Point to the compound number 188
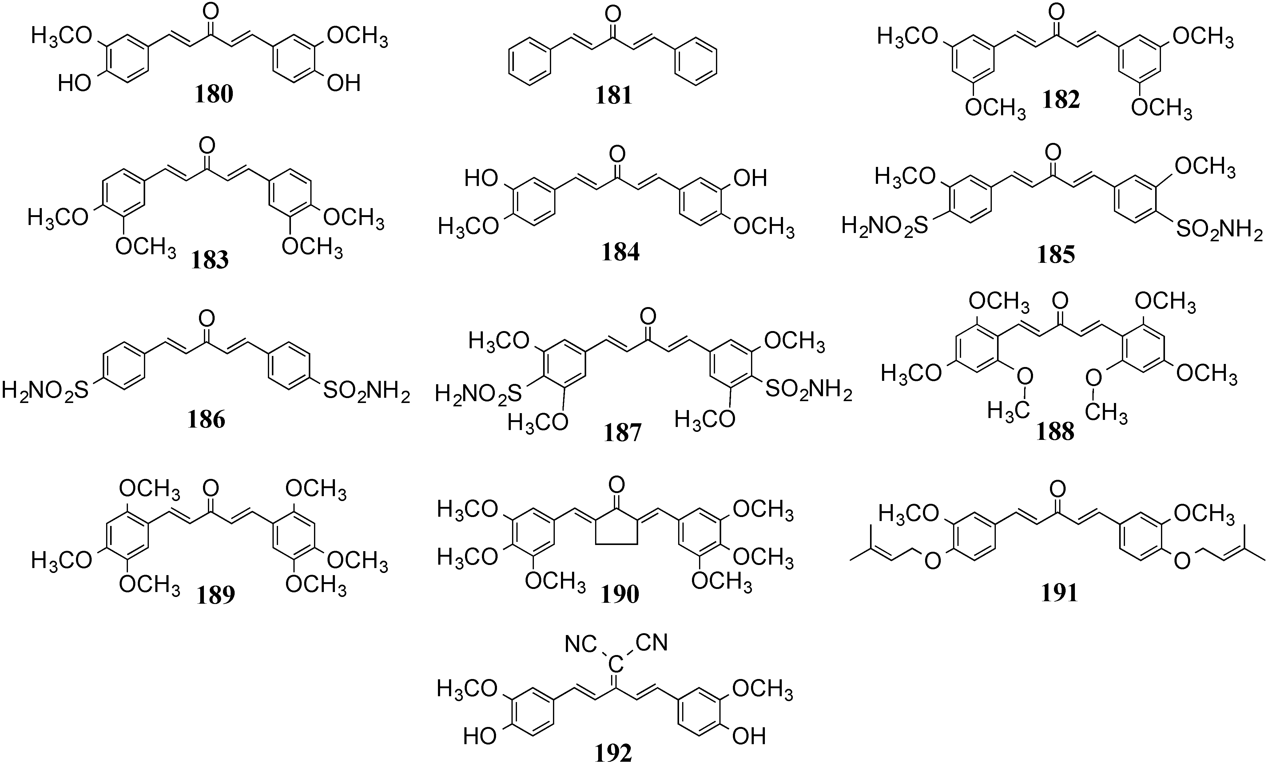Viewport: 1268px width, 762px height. click(x=1055, y=431)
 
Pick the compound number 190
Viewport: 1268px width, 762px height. click(x=620, y=594)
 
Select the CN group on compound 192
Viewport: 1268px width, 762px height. click(x=651, y=642)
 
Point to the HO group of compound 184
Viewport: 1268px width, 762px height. click(x=481, y=179)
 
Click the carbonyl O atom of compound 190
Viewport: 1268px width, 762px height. click(x=617, y=485)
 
